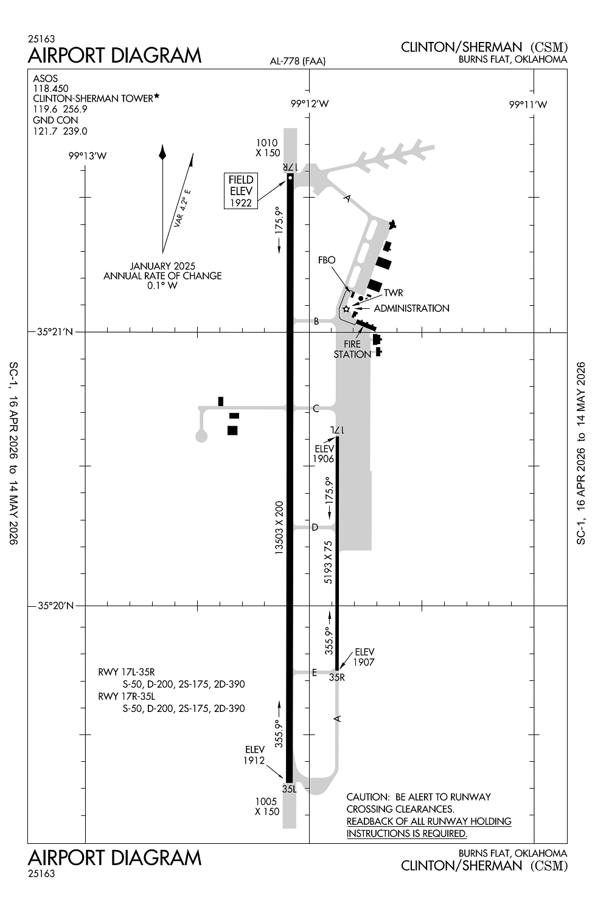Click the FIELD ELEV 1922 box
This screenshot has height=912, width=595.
(x=240, y=191)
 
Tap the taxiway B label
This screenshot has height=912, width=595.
(x=316, y=322)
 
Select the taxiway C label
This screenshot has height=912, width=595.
(x=316, y=409)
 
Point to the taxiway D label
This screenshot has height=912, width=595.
(x=315, y=527)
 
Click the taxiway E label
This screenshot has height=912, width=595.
(x=315, y=672)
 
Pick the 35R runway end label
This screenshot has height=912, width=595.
(x=337, y=677)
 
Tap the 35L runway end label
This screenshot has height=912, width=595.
(x=290, y=789)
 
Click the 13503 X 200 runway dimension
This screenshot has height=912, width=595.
(x=279, y=527)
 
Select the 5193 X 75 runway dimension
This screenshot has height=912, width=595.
(x=329, y=562)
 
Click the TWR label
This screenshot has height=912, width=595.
(x=393, y=293)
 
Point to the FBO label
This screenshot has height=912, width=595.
(x=327, y=260)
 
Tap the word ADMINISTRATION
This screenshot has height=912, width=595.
(x=411, y=308)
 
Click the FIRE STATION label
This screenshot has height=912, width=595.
(x=352, y=349)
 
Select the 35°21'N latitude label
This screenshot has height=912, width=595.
(x=55, y=332)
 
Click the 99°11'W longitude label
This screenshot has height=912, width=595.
(x=528, y=105)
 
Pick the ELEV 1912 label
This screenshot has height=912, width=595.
(x=254, y=755)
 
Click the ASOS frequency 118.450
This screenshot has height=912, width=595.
(x=50, y=88)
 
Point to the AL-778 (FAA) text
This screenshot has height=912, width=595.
(x=298, y=61)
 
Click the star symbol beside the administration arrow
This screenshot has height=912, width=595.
(x=346, y=309)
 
